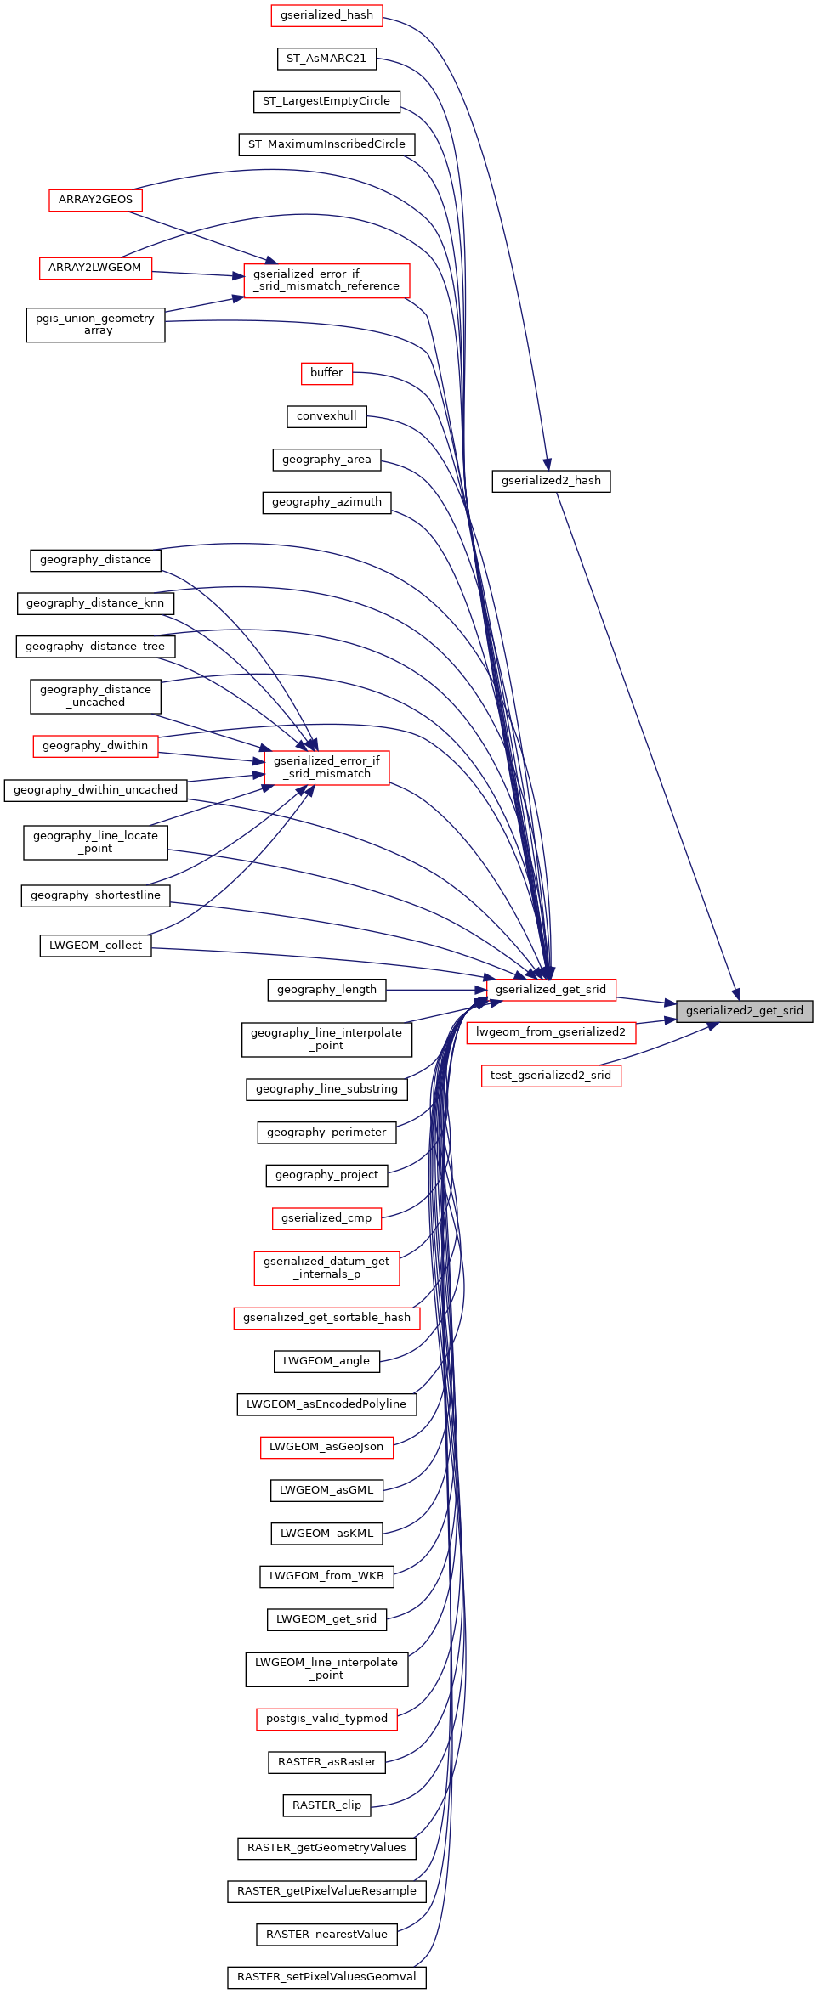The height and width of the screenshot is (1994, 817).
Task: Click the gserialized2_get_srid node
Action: (744, 1011)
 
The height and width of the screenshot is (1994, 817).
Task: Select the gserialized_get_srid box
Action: (551, 990)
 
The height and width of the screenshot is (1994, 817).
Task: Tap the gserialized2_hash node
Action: (551, 481)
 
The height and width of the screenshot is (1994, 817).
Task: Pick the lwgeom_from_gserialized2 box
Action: (551, 1032)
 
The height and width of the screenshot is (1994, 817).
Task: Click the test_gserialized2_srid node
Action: (551, 1076)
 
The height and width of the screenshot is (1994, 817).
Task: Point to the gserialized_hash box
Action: (326, 15)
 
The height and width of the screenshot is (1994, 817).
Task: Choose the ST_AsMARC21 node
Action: (326, 59)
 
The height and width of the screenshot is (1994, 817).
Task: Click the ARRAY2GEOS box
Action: (95, 200)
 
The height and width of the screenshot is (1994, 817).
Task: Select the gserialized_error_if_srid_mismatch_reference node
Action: (326, 280)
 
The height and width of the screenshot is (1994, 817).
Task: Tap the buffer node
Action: (326, 373)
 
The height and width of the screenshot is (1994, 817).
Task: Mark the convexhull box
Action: (326, 416)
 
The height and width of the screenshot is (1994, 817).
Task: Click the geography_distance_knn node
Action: (95, 603)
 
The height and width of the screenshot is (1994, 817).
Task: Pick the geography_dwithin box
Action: (95, 746)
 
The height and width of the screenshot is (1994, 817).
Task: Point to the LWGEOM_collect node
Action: (95, 946)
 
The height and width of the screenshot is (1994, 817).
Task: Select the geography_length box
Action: (326, 990)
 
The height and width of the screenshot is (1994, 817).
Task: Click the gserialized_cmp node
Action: (326, 1218)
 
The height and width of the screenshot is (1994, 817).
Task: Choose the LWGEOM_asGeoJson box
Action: (326, 1447)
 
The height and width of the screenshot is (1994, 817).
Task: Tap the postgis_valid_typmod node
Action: (326, 1718)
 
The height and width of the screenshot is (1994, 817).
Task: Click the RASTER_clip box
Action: (326, 1805)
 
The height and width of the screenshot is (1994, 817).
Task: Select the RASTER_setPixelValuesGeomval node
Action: (326, 1977)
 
